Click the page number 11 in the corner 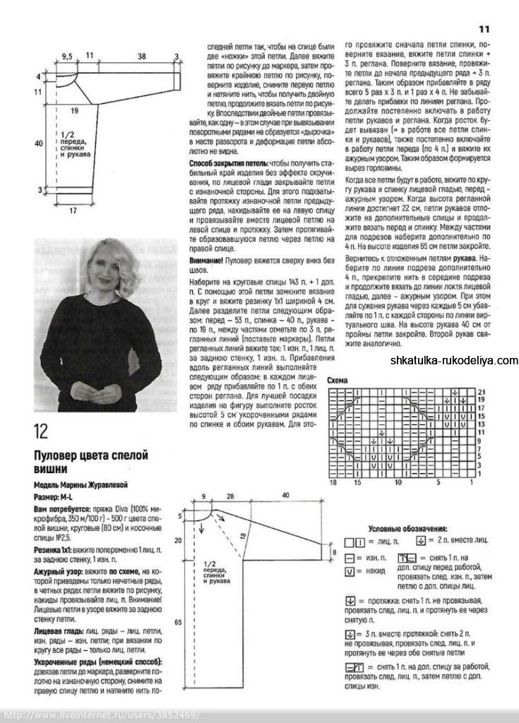[x=484, y=29]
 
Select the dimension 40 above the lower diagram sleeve [x=285, y=496]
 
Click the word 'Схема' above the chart [x=338, y=381]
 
